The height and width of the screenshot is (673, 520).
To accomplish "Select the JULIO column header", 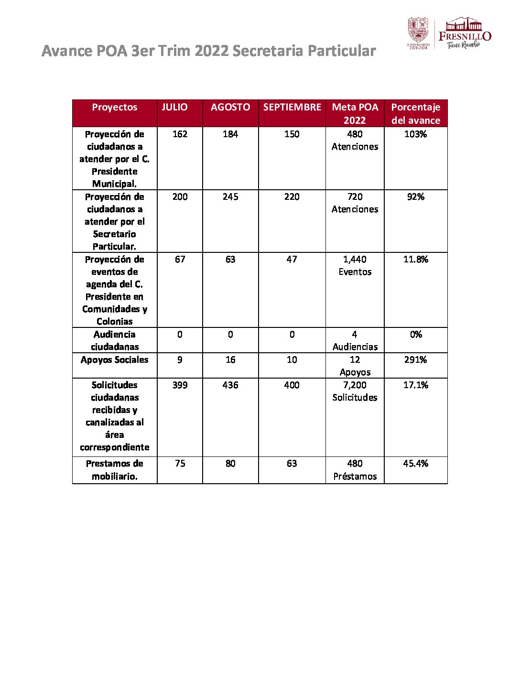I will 174,107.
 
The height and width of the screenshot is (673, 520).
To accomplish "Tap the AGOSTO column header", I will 230,107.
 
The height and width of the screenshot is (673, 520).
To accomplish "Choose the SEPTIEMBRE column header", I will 292,107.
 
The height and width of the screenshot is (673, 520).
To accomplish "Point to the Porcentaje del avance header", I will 416,114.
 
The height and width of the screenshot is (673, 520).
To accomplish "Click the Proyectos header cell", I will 115,107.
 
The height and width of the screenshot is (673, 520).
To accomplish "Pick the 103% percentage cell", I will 416,134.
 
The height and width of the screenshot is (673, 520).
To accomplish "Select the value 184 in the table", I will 230,134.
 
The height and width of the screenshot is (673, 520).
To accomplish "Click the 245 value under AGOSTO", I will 230,197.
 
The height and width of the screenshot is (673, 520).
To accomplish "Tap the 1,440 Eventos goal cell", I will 355,266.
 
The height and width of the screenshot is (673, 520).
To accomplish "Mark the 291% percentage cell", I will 416,360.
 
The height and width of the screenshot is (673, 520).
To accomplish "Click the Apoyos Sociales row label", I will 115,360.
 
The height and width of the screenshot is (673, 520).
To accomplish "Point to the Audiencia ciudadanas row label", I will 115,340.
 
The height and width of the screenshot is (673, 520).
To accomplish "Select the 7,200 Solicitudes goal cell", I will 355,391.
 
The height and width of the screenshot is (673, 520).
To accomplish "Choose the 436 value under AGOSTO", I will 230,385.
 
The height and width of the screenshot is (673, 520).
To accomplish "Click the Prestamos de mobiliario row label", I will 115,470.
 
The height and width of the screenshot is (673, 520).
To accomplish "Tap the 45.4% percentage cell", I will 416,464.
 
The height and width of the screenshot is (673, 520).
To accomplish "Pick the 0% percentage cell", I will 416,335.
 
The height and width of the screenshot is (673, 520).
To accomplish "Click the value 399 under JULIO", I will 180,385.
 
